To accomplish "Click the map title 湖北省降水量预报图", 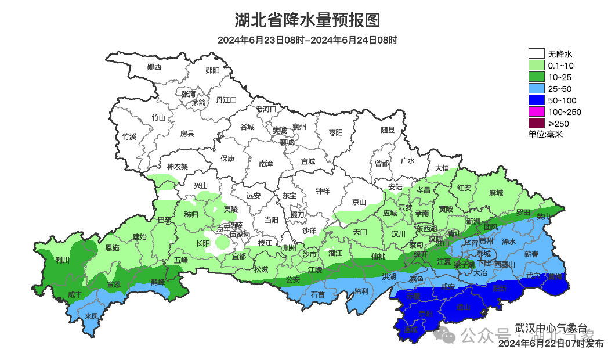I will point(307,20).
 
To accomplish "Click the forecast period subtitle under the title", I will point(307,40).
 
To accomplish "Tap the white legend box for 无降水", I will point(536,54).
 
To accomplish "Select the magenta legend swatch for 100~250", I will point(536,111).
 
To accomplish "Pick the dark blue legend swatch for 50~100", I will point(536,100).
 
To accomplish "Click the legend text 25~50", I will point(560,89).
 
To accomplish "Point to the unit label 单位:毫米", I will point(545,134).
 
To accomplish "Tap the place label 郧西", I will point(154,67).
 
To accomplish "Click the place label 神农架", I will point(178,167).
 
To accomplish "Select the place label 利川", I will point(63,260).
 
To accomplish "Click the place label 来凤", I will point(91,316).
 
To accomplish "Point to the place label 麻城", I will point(496,193).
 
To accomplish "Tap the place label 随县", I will point(388,130).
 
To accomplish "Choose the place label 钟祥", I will point(322,190).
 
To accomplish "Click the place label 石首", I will point(318,294).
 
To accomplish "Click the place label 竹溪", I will point(129,137).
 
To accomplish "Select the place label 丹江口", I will point(226,100).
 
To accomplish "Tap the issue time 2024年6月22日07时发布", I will point(550,343).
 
